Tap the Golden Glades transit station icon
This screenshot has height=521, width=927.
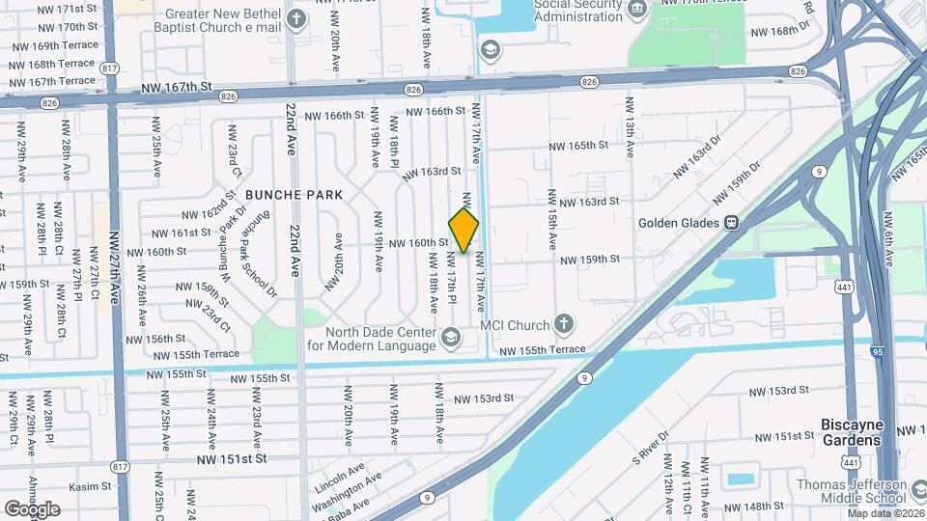coord(732,223)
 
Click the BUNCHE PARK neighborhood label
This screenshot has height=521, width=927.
coord(294,195)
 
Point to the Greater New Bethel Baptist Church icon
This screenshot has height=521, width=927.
coord(296,18)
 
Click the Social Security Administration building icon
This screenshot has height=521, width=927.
coord(637,9)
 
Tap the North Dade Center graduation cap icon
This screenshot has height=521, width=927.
coord(450,337)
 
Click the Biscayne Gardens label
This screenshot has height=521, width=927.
coord(851,432)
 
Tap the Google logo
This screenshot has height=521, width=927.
coord(32,508)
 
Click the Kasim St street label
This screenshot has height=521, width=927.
coord(91,486)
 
